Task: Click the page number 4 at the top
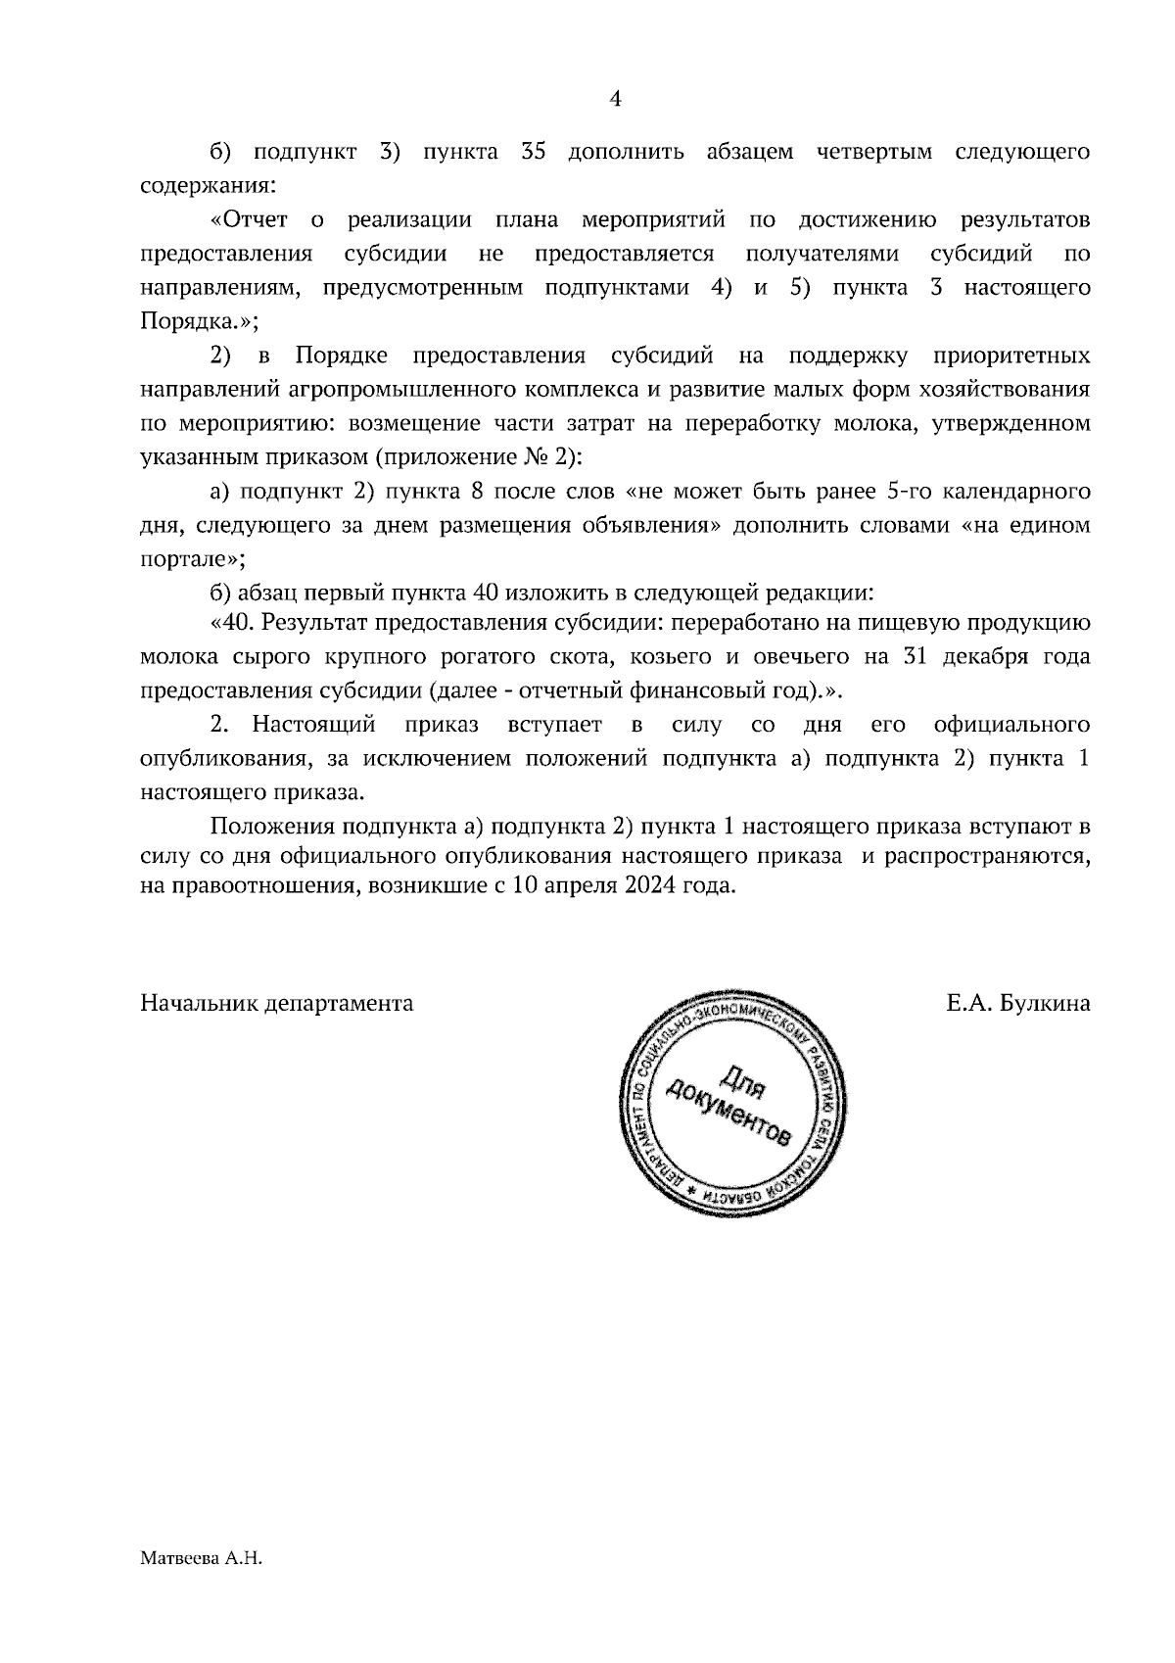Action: (x=616, y=98)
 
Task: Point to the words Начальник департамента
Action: (x=277, y=1004)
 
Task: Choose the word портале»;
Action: (x=193, y=558)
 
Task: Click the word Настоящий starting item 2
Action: (x=314, y=725)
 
